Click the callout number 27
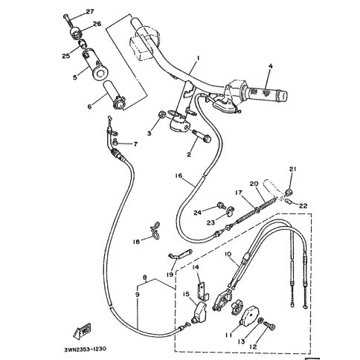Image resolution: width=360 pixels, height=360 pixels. [x=90, y=12]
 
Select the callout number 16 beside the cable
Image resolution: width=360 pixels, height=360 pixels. [x=179, y=176]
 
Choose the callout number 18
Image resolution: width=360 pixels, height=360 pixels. [x=137, y=241]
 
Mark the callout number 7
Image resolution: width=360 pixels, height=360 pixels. [x=135, y=143]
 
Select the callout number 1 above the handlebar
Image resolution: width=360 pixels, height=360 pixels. [x=199, y=57]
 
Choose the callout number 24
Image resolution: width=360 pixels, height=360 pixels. [x=198, y=212]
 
